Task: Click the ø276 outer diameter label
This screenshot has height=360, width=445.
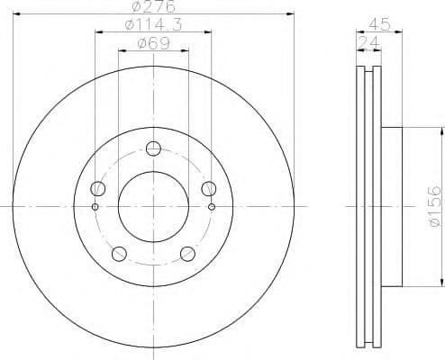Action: click(152, 7)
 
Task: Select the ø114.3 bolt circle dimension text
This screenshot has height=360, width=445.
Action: click(152, 26)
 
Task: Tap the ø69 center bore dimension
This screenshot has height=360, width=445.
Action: click(152, 44)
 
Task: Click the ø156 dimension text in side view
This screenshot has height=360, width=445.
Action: click(433, 207)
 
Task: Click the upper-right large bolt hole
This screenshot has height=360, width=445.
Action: click(208, 188)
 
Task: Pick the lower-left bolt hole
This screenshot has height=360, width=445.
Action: click(119, 253)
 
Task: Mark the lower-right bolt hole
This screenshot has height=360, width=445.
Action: click(187, 253)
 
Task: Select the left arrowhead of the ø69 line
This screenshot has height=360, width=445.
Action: click(121, 51)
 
